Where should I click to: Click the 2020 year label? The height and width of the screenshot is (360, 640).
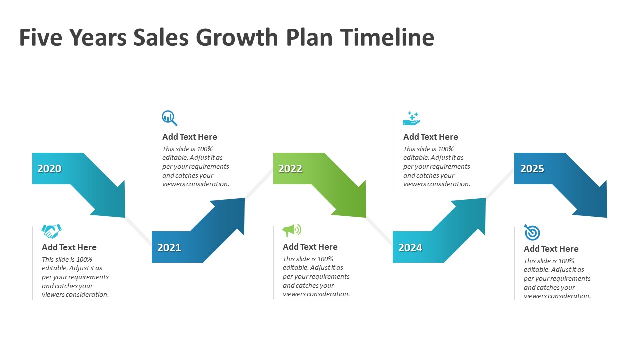(x=49, y=169)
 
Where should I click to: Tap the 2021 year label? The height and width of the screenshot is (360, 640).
(x=169, y=247)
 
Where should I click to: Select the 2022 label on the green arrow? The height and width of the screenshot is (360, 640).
(x=290, y=169)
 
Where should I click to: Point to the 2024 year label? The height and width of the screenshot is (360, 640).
(x=410, y=247)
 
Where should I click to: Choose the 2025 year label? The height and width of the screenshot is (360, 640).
(x=532, y=169)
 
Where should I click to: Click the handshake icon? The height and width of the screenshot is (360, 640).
(x=51, y=231)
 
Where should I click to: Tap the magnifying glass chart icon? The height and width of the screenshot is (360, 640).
(x=169, y=118)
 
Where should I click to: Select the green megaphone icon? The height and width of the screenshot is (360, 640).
(x=292, y=230)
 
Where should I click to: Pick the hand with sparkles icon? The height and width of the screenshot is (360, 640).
(x=411, y=118)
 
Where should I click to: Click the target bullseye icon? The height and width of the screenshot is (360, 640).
(x=532, y=232)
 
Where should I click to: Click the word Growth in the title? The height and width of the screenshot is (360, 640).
(x=237, y=37)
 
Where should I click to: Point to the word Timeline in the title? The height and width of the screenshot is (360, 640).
(x=387, y=37)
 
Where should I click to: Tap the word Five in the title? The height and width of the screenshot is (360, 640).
(x=41, y=37)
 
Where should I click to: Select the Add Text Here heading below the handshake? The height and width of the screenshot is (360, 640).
(x=69, y=247)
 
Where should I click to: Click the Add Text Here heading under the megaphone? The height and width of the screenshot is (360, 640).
(x=310, y=247)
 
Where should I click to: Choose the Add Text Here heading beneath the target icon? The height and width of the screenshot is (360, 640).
(x=551, y=249)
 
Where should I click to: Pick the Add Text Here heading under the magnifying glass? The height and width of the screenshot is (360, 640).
(x=190, y=137)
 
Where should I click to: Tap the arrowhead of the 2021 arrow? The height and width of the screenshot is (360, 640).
(x=244, y=198)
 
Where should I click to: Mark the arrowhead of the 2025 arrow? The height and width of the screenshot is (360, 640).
(x=607, y=217)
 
